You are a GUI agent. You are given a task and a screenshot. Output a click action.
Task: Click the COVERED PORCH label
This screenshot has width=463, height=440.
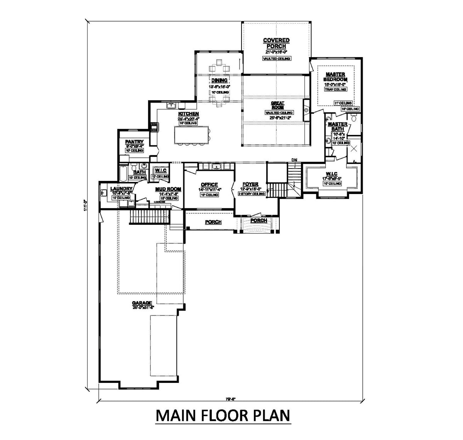pos(276,43)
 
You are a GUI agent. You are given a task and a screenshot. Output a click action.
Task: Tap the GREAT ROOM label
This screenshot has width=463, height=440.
pos(277,105)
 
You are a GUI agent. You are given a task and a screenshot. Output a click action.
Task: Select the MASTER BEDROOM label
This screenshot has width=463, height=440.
pos(335,77)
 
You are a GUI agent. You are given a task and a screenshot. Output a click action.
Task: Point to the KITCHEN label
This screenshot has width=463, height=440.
pos(188,114)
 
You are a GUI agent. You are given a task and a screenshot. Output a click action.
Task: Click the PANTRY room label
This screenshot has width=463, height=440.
pos(134,142)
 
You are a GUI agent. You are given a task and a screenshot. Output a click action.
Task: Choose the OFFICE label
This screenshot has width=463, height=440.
pos(210,185)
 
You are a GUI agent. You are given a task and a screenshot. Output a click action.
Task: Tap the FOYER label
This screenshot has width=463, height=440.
pos(251,184)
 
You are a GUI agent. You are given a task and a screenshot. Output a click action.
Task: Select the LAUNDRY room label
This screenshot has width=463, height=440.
pos(122,189)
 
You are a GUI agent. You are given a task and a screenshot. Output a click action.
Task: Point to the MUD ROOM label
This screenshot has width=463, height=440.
pos(168,189)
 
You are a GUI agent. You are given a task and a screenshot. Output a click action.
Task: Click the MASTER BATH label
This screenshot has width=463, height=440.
pos(338,126)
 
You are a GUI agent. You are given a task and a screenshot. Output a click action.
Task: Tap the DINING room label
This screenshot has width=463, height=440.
pos(220,81)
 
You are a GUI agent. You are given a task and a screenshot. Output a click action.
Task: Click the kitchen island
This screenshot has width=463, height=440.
pos(191,135)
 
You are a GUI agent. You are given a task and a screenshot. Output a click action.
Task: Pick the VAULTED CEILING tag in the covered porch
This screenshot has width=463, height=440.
pos(276,59)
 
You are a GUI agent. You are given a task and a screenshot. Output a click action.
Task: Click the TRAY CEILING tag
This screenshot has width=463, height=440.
pos(335,89)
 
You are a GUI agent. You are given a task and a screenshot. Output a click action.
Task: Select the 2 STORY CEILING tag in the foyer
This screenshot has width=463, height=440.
pos(251,194)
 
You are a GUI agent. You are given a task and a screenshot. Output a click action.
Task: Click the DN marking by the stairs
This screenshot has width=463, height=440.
pos(295,160)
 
